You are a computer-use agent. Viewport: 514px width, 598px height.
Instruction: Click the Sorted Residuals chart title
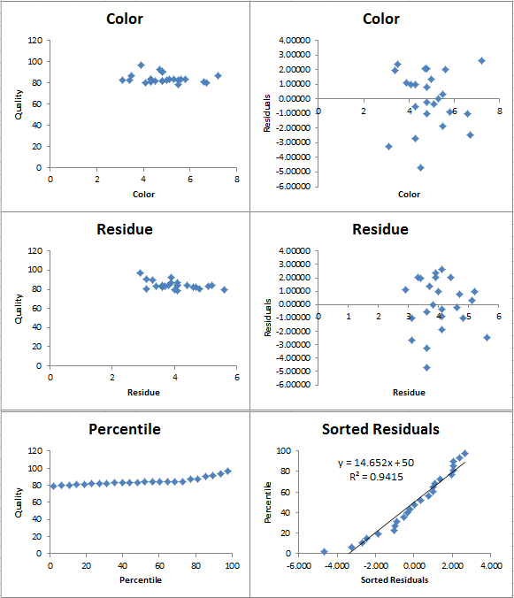380,429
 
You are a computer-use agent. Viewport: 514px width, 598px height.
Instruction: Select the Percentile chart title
125,429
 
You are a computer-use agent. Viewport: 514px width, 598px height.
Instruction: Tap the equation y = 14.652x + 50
376,463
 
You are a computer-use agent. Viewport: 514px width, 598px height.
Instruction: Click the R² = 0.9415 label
376,477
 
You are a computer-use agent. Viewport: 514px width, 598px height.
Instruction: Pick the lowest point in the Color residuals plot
420,168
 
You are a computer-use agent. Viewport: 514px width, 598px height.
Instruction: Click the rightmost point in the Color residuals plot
481,61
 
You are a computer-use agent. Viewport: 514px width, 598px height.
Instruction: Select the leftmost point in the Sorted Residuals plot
324,551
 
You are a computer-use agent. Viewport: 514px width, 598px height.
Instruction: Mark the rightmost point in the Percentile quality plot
227,471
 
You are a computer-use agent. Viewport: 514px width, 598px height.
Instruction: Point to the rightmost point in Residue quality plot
224,290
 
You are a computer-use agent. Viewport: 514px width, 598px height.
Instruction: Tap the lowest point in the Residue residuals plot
426,368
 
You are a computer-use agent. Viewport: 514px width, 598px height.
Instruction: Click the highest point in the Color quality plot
141,65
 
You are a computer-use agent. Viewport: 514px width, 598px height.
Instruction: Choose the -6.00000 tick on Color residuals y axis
295,186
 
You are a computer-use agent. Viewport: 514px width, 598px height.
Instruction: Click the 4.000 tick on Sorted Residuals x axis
491,565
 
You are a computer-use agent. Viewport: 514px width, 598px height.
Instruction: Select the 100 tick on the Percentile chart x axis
232,565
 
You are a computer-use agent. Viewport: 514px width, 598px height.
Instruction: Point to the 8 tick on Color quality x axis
237,180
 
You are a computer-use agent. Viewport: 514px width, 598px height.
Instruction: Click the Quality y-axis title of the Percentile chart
19,502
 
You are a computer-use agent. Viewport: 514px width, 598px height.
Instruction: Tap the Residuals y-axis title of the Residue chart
267,318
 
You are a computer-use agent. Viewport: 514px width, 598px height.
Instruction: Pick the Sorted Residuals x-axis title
395,580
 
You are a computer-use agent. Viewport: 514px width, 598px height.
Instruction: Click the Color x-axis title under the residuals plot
409,194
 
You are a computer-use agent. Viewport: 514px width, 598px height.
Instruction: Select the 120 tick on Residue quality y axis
35,250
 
